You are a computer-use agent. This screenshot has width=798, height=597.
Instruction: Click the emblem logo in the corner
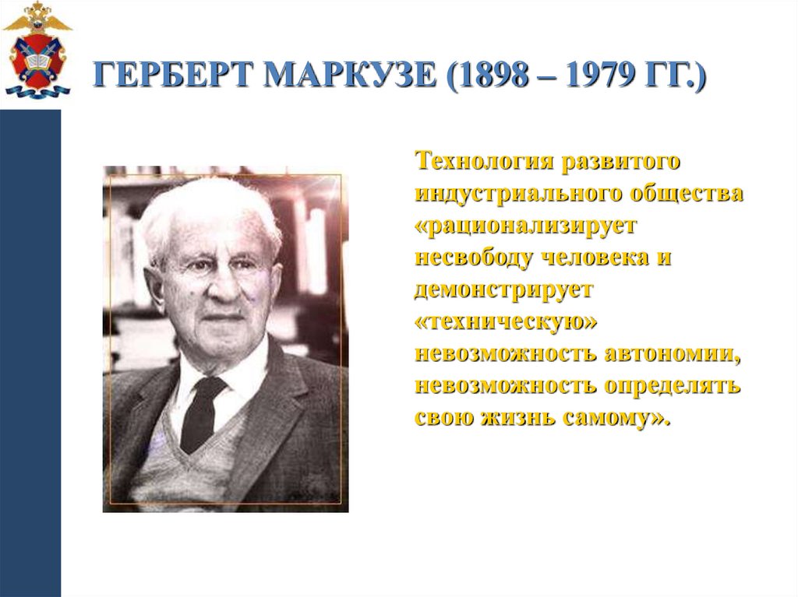pyautogui.click(x=37, y=51)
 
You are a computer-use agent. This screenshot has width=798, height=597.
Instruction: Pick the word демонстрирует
pyautogui.click(x=504, y=289)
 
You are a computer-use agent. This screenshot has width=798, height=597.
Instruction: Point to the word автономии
pyautogui.click(x=671, y=353)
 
